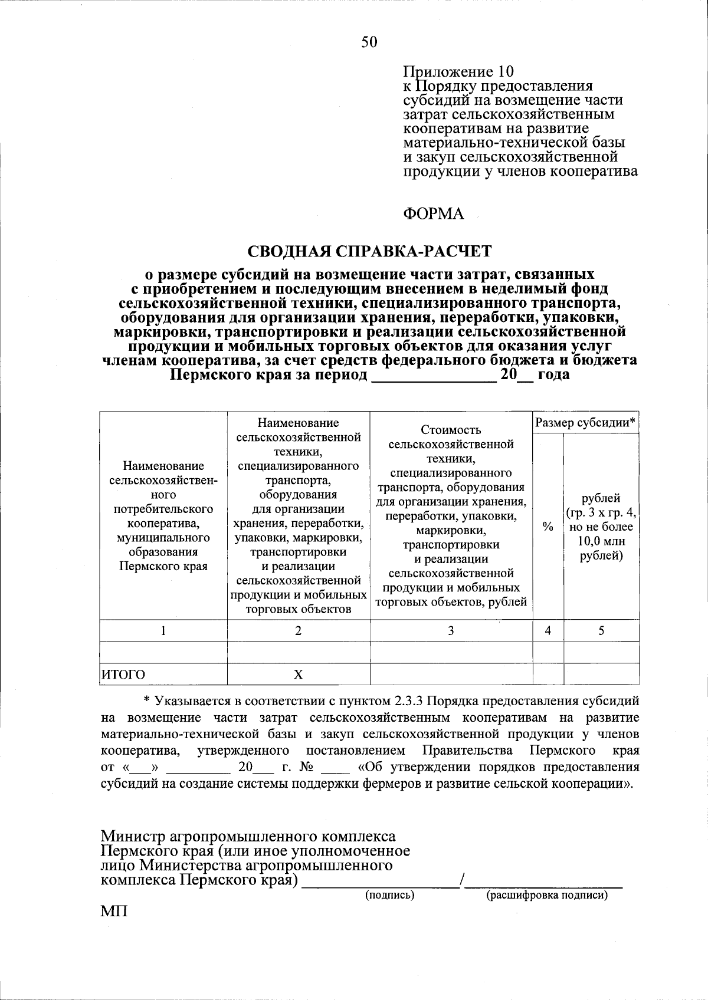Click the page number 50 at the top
tap(369, 41)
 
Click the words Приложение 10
tap(458, 72)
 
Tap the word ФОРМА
tap(434, 213)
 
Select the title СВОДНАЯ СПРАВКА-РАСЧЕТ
tap(369, 251)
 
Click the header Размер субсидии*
tap(585, 422)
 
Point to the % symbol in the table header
tap(548, 528)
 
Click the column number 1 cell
tap(163, 630)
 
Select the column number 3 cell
tap(451, 630)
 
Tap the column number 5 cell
tap(601, 630)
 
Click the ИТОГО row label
tap(124, 675)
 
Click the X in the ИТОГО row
tap(299, 675)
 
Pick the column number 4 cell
tap(548, 630)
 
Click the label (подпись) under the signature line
tap(389, 895)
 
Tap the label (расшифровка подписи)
tap(546, 895)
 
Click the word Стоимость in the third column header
tap(451, 430)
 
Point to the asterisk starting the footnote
tap(148, 702)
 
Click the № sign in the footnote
tap(310, 768)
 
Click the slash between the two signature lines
tap(464, 881)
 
